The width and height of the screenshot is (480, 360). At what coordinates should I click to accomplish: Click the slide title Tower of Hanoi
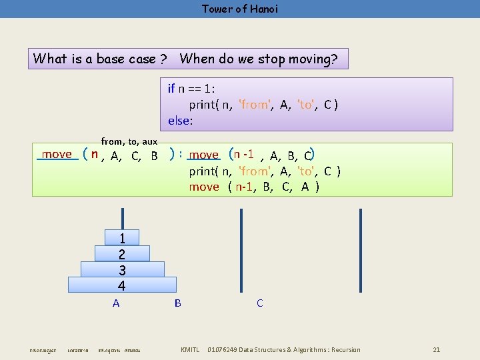[240, 9]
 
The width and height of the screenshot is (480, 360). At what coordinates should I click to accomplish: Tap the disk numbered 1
[122, 238]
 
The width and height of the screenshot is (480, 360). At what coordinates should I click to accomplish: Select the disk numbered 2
[122, 254]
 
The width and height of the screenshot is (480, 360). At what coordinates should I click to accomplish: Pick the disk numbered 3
[122, 270]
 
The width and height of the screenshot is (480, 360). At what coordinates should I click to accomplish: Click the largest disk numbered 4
[122, 285]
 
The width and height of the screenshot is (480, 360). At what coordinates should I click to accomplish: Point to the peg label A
[116, 303]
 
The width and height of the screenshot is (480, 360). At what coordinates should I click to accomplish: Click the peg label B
[177, 303]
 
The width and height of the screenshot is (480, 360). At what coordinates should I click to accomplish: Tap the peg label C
[259, 303]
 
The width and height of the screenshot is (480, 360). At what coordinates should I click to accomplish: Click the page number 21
[436, 349]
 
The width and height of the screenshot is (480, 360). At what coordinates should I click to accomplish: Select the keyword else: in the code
[180, 121]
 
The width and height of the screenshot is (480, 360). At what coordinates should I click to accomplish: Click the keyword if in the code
[171, 88]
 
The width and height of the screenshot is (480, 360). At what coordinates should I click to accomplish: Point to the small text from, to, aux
[129, 141]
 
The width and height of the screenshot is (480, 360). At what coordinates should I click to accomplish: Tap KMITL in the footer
[191, 349]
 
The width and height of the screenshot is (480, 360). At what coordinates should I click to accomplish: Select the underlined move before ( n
[57, 155]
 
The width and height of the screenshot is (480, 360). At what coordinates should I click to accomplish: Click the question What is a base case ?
[99, 59]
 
